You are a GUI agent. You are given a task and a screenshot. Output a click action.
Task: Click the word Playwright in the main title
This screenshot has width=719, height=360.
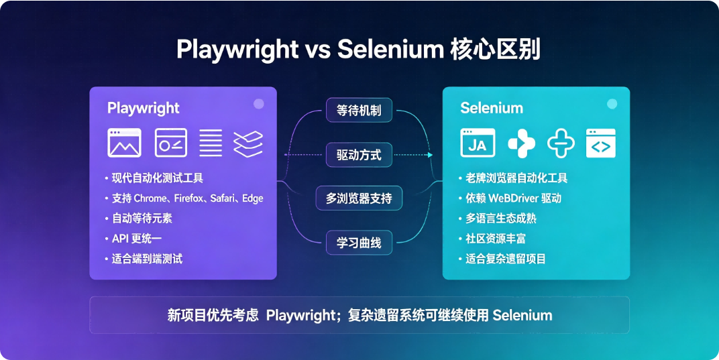[x=237, y=50]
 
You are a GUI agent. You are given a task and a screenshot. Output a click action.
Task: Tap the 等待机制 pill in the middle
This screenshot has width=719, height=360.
[x=359, y=110]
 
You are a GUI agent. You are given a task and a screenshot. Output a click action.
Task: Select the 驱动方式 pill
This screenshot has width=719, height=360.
[x=359, y=155]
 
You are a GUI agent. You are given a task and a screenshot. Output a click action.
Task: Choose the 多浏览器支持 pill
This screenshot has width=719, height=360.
[x=359, y=198]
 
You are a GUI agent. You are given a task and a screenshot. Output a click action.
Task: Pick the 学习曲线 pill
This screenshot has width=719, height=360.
[x=359, y=243]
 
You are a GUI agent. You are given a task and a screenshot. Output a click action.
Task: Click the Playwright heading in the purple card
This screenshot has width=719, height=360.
[x=143, y=109]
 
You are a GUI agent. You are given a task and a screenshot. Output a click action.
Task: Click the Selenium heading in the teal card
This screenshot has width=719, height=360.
[x=492, y=108]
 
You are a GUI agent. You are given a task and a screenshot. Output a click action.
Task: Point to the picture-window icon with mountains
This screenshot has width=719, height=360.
[x=124, y=143]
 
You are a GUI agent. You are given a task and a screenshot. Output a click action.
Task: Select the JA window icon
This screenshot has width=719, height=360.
[x=478, y=143]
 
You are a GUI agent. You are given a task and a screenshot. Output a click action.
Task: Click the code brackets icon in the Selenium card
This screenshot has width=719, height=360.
[x=601, y=143]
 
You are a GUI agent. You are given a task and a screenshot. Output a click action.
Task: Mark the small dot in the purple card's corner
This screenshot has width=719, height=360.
[x=259, y=104]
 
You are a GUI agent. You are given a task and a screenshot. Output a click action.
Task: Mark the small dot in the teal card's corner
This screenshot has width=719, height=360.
[x=612, y=104]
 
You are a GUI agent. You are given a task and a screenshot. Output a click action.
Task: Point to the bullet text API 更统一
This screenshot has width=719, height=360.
[x=137, y=239]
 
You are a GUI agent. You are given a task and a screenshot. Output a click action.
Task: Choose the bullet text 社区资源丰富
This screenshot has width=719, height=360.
[x=495, y=239]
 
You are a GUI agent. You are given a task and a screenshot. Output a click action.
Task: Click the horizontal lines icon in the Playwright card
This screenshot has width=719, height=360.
[x=211, y=143]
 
